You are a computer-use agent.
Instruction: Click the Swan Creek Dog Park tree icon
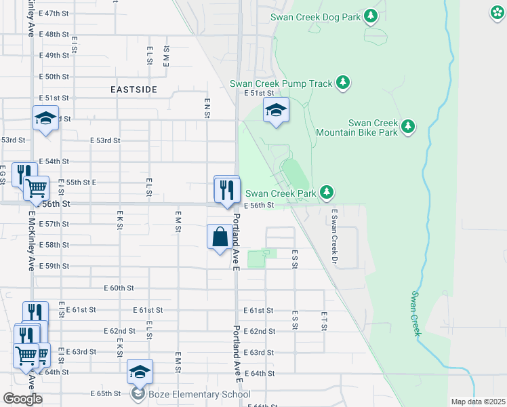(370, 16)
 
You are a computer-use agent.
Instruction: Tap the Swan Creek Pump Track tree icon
(344, 83)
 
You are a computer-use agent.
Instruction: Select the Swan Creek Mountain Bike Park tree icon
(407, 126)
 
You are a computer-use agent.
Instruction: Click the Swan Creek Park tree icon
(327, 193)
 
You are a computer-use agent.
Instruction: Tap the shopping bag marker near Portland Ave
(220, 238)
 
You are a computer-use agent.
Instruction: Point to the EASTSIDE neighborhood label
(134, 90)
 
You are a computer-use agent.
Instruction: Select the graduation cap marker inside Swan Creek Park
(276, 111)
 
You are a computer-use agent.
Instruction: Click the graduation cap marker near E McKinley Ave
(45, 119)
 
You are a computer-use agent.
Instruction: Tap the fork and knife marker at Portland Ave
(228, 189)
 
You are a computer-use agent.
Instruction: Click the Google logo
(22, 399)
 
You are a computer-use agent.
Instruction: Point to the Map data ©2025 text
(476, 402)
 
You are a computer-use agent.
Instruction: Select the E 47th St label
(54, 14)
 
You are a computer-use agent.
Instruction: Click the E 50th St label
(54, 77)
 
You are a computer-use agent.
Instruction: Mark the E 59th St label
(54, 267)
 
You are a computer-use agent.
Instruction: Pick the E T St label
(324, 322)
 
